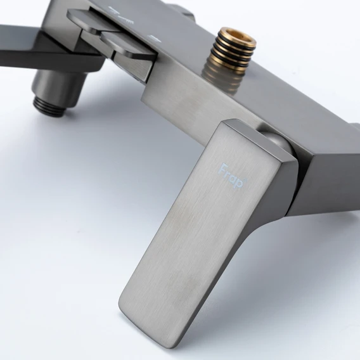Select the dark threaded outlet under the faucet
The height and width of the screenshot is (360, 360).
pos(49,106)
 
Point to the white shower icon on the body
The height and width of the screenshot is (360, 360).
pos(121,16)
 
